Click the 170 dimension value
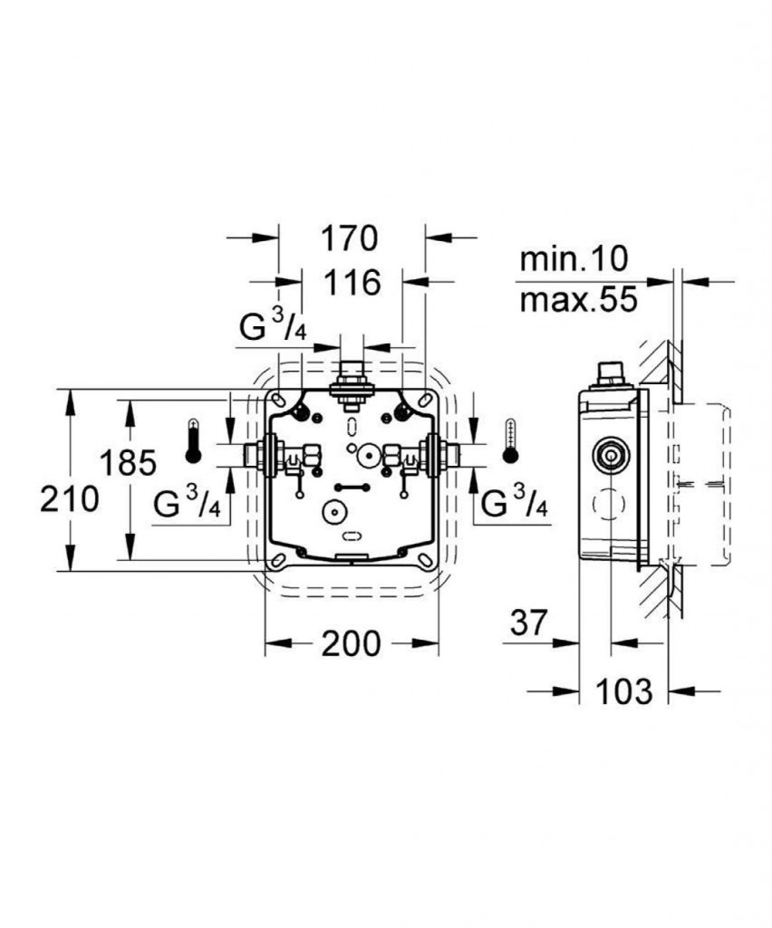pos(349,238)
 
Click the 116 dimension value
pos(352,283)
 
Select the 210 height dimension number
pos(69,499)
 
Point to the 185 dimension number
pos(127,462)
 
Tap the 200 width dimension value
pos(351,643)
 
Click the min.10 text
pos(573,259)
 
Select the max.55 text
pos(579,299)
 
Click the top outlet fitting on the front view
pos(352,384)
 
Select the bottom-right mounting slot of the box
pos(426,560)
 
